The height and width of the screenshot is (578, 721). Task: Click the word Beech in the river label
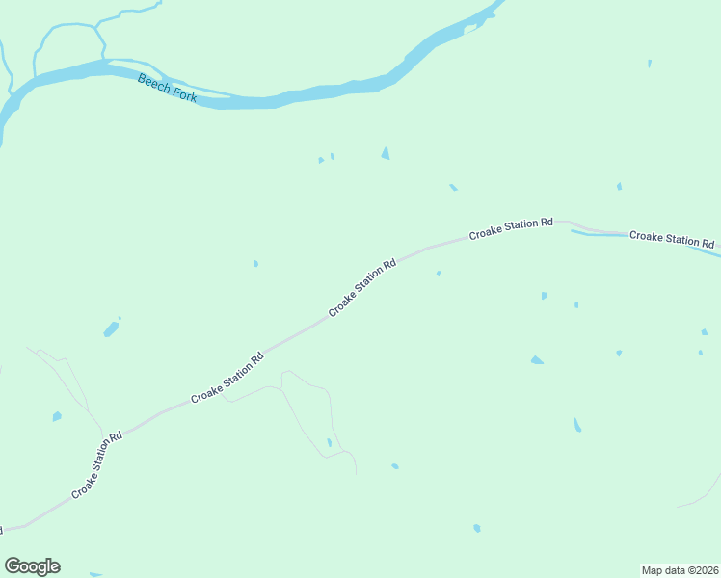[x=153, y=83]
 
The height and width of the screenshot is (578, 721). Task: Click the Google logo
[x=32, y=566]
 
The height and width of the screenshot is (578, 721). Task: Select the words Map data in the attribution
[x=662, y=570]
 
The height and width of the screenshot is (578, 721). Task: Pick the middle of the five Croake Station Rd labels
[x=362, y=287]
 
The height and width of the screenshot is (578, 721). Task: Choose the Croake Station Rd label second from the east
[x=511, y=228]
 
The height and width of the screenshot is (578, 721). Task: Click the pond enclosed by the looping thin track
[x=329, y=442]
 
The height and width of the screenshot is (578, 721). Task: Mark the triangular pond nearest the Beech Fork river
[x=386, y=153]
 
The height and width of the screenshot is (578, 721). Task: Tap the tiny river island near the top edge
[x=470, y=30]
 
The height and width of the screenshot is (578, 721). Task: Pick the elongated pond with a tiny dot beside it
[x=111, y=329]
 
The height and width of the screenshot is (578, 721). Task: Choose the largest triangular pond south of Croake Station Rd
[x=537, y=360]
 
